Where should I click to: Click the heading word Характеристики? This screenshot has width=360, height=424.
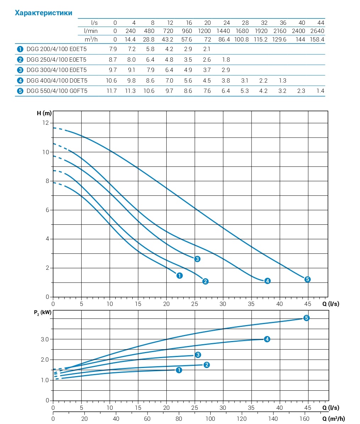43,13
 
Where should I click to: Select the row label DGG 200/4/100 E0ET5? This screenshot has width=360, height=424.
56,49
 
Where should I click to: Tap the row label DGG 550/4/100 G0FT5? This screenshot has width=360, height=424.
57,91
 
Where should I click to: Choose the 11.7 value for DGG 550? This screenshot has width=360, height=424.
111,91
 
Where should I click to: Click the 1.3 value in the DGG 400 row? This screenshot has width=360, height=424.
282,80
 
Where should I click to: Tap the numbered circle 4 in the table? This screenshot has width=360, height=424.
20,80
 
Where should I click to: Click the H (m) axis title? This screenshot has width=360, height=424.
44,113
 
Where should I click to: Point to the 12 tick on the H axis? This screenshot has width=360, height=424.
45,123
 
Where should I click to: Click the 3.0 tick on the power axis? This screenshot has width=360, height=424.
45,339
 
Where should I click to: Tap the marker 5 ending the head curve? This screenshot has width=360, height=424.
308,279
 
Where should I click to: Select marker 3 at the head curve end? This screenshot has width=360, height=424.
197,259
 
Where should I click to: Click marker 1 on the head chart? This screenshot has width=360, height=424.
179,275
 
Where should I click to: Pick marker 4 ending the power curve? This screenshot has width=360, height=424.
267,339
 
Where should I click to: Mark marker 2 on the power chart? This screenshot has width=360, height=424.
207,365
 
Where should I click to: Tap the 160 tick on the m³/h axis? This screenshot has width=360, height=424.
304,419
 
